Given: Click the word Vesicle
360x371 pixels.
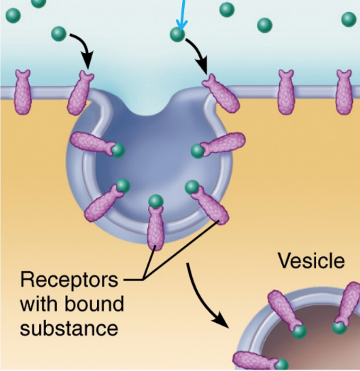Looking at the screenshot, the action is tap(311, 261).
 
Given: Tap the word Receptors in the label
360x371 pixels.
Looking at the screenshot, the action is tap(69, 280).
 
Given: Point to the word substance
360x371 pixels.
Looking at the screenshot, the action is tap(69, 328).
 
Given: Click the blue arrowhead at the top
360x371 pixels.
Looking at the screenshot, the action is tap(181, 25).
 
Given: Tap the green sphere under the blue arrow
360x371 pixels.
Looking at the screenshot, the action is tap(177, 35).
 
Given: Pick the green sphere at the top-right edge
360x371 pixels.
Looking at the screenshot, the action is tap(349, 19).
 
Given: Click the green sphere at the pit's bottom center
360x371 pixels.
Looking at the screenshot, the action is tap(156, 202).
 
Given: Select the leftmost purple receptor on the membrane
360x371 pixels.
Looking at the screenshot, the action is tap(23, 92).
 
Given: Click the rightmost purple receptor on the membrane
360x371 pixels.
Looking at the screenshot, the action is tap(344, 92).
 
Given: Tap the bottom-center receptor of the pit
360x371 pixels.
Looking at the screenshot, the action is tap(156, 227).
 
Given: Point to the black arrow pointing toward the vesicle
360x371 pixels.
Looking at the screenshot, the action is tap(203, 299).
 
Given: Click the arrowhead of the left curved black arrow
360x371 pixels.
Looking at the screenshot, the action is tap(87, 60).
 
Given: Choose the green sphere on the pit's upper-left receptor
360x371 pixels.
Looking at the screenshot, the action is tap(118, 150).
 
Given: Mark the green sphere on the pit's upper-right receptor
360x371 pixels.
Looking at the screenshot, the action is tap(198, 152).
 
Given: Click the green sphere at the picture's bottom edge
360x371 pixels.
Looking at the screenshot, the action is tap(281, 365).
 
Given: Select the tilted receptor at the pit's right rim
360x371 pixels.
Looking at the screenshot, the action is tap(220, 93).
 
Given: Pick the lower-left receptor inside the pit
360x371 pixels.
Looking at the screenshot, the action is tap(104, 203).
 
